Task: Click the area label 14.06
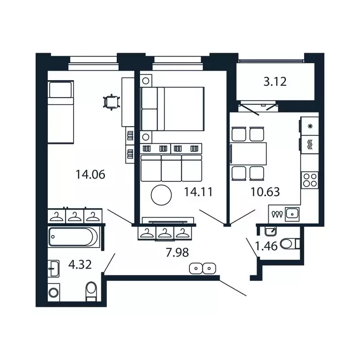(x=90, y=175)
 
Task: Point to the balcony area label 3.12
(x=275, y=82)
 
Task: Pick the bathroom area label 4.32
(x=80, y=266)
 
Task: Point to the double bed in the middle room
(x=172, y=108)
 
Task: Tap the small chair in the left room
(x=110, y=102)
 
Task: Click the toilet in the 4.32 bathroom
(x=91, y=291)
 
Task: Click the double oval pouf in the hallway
(x=202, y=269)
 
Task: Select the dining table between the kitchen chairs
(x=249, y=152)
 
